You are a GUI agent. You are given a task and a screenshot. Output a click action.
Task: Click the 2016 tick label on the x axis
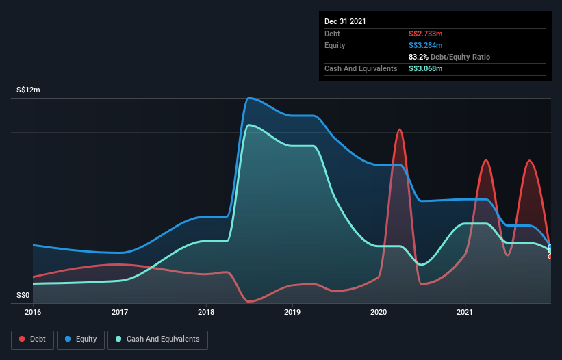pos(33,313)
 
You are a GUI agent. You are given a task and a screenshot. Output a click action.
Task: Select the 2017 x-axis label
pos(120,313)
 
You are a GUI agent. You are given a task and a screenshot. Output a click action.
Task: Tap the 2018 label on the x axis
pos(206,313)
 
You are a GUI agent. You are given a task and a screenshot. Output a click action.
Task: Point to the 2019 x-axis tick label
pos(292,313)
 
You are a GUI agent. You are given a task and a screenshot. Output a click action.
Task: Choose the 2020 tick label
pos(379,313)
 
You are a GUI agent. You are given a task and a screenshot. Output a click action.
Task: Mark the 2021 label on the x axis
pos(465,313)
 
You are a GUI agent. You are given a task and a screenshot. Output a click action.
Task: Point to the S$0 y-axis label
pos(23,296)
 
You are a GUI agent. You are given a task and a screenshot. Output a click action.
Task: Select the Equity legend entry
pos(81,339)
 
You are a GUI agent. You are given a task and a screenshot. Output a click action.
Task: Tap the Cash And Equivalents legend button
pos(157,339)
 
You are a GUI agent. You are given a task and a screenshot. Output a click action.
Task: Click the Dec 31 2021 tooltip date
pos(345,21)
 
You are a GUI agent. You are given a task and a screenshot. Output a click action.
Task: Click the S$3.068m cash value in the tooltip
pos(425,68)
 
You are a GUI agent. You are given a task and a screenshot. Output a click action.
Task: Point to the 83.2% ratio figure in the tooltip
pos(418,57)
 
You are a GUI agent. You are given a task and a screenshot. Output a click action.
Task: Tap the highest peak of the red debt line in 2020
pos(399,129)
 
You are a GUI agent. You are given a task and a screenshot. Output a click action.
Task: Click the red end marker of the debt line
pos(550,257)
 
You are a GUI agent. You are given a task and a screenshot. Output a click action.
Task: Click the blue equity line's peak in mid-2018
pos(249,98)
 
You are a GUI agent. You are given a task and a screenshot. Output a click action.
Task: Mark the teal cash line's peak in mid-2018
pos(249,125)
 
